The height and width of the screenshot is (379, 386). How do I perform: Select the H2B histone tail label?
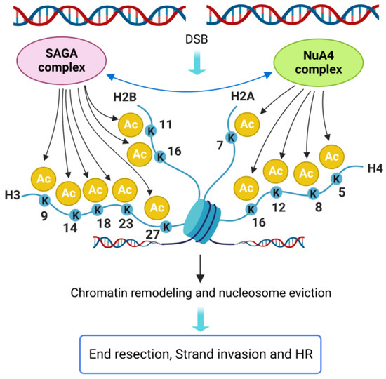click(x=124, y=96)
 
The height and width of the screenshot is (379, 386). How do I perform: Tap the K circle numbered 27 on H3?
click(x=166, y=226)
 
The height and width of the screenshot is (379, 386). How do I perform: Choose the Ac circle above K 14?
click(x=69, y=192)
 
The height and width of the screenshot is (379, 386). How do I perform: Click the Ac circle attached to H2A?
click(x=246, y=124)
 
